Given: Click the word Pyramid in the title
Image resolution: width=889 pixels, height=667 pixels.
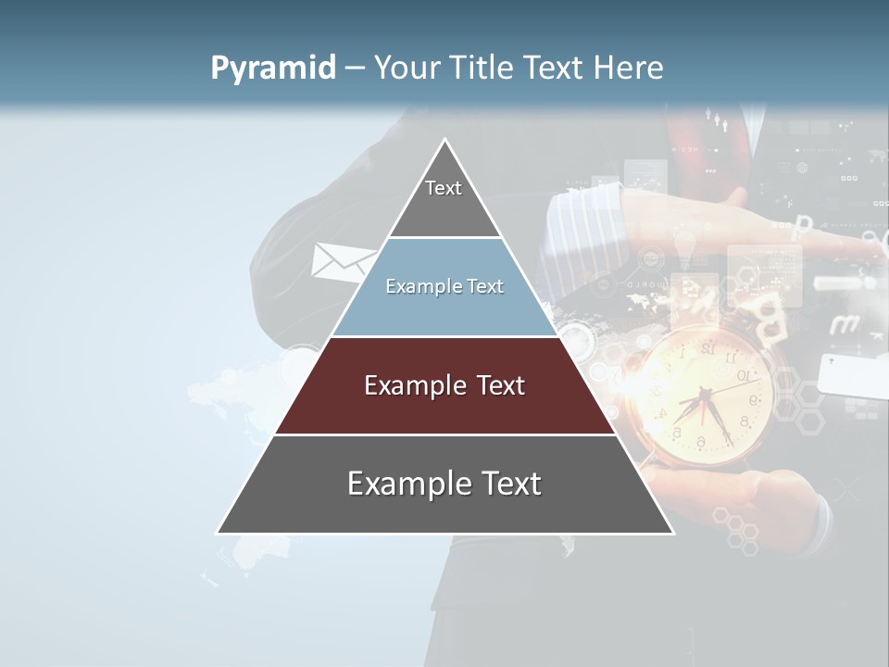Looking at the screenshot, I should [x=273, y=69].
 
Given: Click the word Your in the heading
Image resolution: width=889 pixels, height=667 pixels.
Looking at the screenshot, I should [x=411, y=68].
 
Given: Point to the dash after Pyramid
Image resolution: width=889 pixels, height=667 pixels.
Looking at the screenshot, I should [x=355, y=69].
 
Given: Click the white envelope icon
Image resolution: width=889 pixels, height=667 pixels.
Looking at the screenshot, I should [x=340, y=262].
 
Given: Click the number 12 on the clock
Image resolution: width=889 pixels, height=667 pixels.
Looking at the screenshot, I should [x=707, y=348].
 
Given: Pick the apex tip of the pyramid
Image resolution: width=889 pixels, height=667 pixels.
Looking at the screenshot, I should [x=445, y=141].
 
